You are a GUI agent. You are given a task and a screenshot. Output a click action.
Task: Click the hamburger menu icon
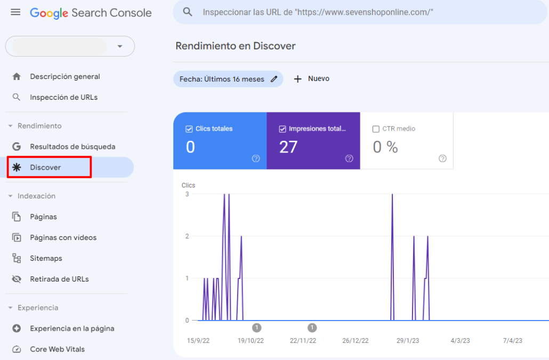[x=16, y=12]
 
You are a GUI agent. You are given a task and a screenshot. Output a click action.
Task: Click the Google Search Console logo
[x=91, y=13]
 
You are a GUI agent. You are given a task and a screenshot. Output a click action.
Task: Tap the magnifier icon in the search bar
[x=187, y=12]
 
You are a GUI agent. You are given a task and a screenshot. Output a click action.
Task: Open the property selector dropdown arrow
[x=120, y=46]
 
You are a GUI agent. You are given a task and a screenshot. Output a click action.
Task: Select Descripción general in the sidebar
[x=64, y=77]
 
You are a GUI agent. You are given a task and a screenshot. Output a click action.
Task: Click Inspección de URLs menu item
[x=63, y=98]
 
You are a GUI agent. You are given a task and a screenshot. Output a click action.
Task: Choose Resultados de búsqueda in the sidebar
[x=72, y=147]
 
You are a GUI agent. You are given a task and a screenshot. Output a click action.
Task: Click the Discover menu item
[x=45, y=167]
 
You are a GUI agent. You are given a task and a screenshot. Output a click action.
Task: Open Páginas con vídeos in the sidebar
[x=63, y=238]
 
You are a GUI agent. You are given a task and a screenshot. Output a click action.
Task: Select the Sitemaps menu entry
[x=46, y=259]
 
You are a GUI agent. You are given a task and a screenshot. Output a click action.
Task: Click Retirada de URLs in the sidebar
[x=59, y=279]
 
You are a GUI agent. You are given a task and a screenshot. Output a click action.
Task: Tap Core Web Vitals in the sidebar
[x=57, y=349]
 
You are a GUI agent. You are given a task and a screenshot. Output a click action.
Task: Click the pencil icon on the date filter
[x=274, y=79]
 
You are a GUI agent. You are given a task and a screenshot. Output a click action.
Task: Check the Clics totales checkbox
[x=189, y=129]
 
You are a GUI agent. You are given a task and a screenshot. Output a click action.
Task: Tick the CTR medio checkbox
[x=376, y=129]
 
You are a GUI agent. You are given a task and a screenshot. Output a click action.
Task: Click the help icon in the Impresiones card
[x=349, y=158]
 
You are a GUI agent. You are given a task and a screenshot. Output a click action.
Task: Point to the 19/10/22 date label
[x=251, y=341]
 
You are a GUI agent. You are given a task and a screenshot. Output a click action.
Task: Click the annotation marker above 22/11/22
[x=312, y=327]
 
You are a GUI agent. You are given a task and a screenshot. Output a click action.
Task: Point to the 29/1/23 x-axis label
[x=407, y=341]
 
